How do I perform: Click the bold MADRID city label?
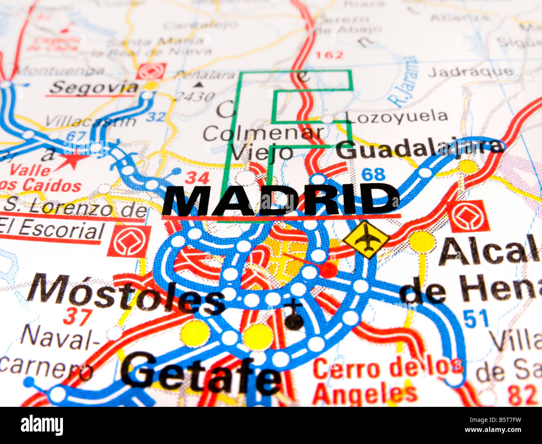281,200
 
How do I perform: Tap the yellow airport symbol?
366,239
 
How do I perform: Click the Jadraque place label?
470,72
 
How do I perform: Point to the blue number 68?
373,174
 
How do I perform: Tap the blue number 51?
476,320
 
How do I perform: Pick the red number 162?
329,55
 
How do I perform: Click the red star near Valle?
72,159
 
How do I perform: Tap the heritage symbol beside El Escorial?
129,241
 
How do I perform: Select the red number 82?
522,394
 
